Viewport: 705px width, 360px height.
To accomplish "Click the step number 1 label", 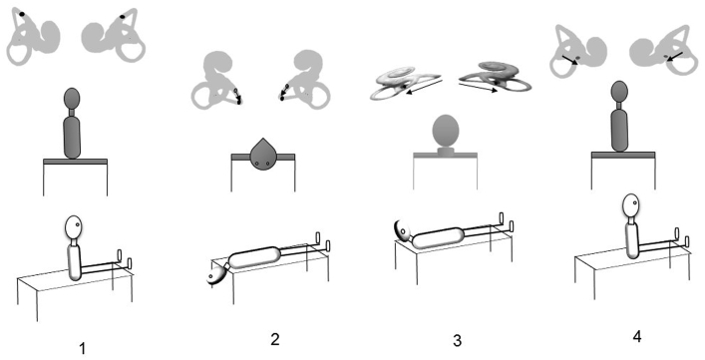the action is click(x=83, y=348).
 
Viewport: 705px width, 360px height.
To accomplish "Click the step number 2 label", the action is click(x=275, y=339).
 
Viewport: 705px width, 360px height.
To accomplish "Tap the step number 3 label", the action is click(x=457, y=340).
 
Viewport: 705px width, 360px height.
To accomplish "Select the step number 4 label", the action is click(x=636, y=337).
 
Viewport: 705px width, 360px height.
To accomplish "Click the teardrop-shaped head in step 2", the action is click(x=262, y=156).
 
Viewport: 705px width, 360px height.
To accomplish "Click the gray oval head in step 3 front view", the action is click(x=446, y=132).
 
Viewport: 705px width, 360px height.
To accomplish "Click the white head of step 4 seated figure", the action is click(x=631, y=204).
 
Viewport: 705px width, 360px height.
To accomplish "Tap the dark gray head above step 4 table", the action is click(x=619, y=92).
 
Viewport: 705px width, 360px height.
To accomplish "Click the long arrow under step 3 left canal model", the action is click(x=424, y=86).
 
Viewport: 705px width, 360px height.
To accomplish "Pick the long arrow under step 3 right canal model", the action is click(x=478, y=87).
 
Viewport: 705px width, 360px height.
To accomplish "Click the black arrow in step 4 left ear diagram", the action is click(x=570, y=59).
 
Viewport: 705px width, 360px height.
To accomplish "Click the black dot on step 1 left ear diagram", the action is click(x=22, y=14).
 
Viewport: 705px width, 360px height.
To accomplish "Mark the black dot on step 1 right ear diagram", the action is click(x=123, y=17).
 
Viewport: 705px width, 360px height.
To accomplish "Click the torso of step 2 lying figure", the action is click(x=254, y=258).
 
